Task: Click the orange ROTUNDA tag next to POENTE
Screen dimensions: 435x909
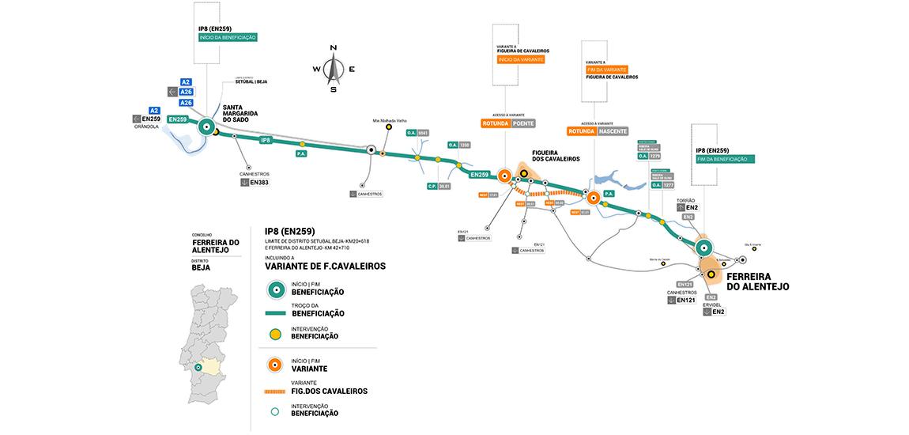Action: pos(495,123)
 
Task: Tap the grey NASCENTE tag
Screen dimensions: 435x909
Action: pos(612,131)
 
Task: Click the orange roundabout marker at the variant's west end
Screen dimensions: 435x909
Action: pos(504,176)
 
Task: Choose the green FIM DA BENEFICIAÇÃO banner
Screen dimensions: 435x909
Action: pos(726,159)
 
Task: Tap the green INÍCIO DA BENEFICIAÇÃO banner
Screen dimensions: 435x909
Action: pos(228,37)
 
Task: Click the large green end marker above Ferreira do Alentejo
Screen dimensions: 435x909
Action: pos(703,247)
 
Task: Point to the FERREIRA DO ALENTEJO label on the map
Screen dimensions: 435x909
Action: pos(757,281)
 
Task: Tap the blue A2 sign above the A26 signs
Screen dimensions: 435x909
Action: pos(187,82)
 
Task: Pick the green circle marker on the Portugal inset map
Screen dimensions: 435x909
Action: pos(198,366)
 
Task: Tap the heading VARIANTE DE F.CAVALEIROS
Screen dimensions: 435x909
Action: pos(326,267)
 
